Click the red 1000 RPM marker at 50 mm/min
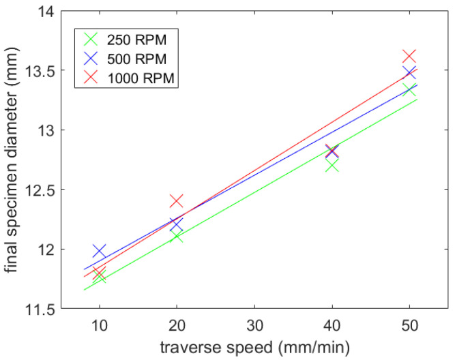click(x=409, y=56)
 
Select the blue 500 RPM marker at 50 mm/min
click(x=409, y=72)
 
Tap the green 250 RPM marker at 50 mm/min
click(x=409, y=89)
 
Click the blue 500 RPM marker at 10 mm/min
click(x=100, y=252)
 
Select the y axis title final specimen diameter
click(x=12, y=160)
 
